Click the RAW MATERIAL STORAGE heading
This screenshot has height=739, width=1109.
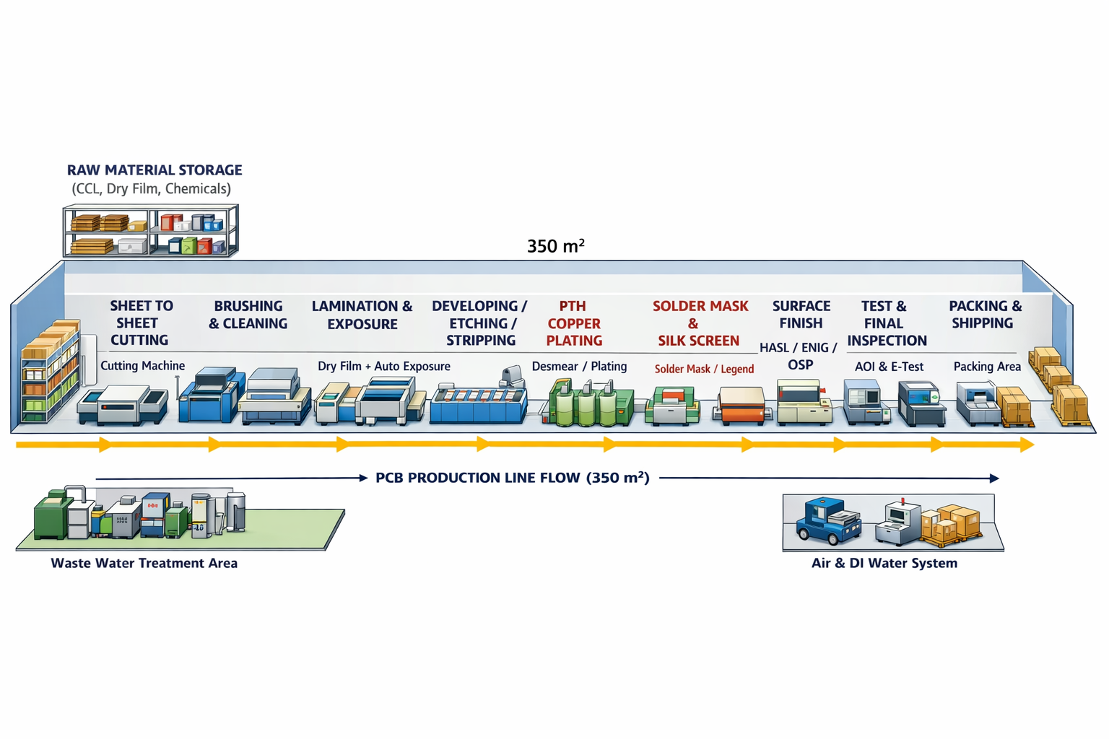pos(155,170)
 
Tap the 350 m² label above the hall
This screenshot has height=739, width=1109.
pos(555,246)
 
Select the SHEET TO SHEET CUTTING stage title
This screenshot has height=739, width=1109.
pos(140,323)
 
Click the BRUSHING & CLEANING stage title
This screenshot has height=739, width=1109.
pos(248,315)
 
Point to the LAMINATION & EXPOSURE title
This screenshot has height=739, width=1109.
pos(362,315)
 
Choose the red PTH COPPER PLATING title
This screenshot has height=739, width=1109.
pos(574,323)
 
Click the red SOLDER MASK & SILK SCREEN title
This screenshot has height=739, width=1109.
pos(699,323)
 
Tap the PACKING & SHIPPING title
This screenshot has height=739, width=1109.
pos(984,315)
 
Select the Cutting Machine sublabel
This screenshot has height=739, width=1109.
pos(142,366)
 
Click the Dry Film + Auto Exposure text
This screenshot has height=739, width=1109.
pos(383,367)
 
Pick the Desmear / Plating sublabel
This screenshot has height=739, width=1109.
pos(579,367)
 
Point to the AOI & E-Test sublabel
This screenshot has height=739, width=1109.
pos(889,367)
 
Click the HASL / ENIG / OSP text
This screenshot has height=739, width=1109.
pos(799,357)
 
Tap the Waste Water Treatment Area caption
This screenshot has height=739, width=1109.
pos(144,564)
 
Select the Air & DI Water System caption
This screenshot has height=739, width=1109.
pos(884,564)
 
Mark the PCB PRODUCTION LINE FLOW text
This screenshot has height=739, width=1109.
pos(512,478)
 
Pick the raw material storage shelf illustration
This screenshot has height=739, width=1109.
pos(150,231)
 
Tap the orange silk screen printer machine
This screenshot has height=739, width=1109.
pos(742,406)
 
